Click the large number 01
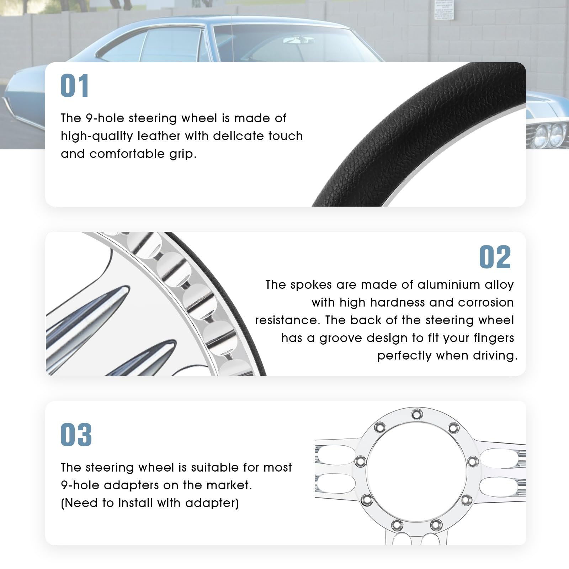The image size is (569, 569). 75,86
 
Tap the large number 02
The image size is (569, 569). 495,257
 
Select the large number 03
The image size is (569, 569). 76,435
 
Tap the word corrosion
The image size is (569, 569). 486,302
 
